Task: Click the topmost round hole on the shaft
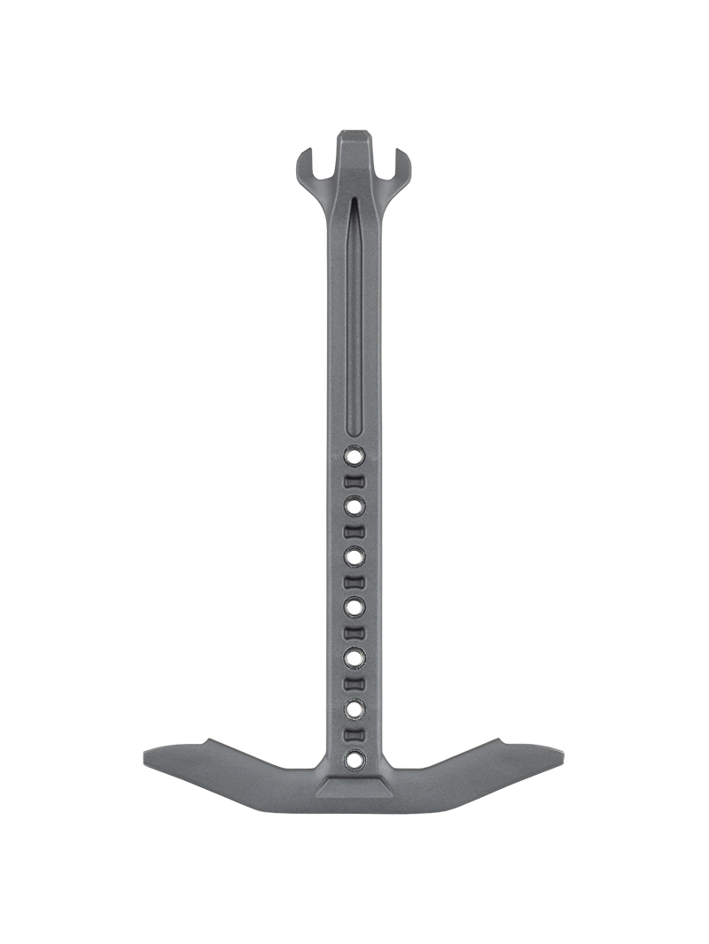click(354, 455)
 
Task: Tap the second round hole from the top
click(354, 506)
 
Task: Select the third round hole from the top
click(354, 556)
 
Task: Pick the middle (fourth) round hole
click(354, 607)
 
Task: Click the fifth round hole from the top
click(354, 657)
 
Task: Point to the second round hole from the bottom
click(354, 708)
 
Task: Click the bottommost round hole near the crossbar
click(354, 759)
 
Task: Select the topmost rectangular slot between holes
click(354, 481)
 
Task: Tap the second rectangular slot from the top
click(354, 531)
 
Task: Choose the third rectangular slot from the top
click(354, 582)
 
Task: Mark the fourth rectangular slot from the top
click(354, 632)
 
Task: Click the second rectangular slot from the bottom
click(354, 683)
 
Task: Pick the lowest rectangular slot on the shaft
click(354, 734)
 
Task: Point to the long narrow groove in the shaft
click(354, 319)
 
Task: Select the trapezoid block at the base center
click(354, 789)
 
